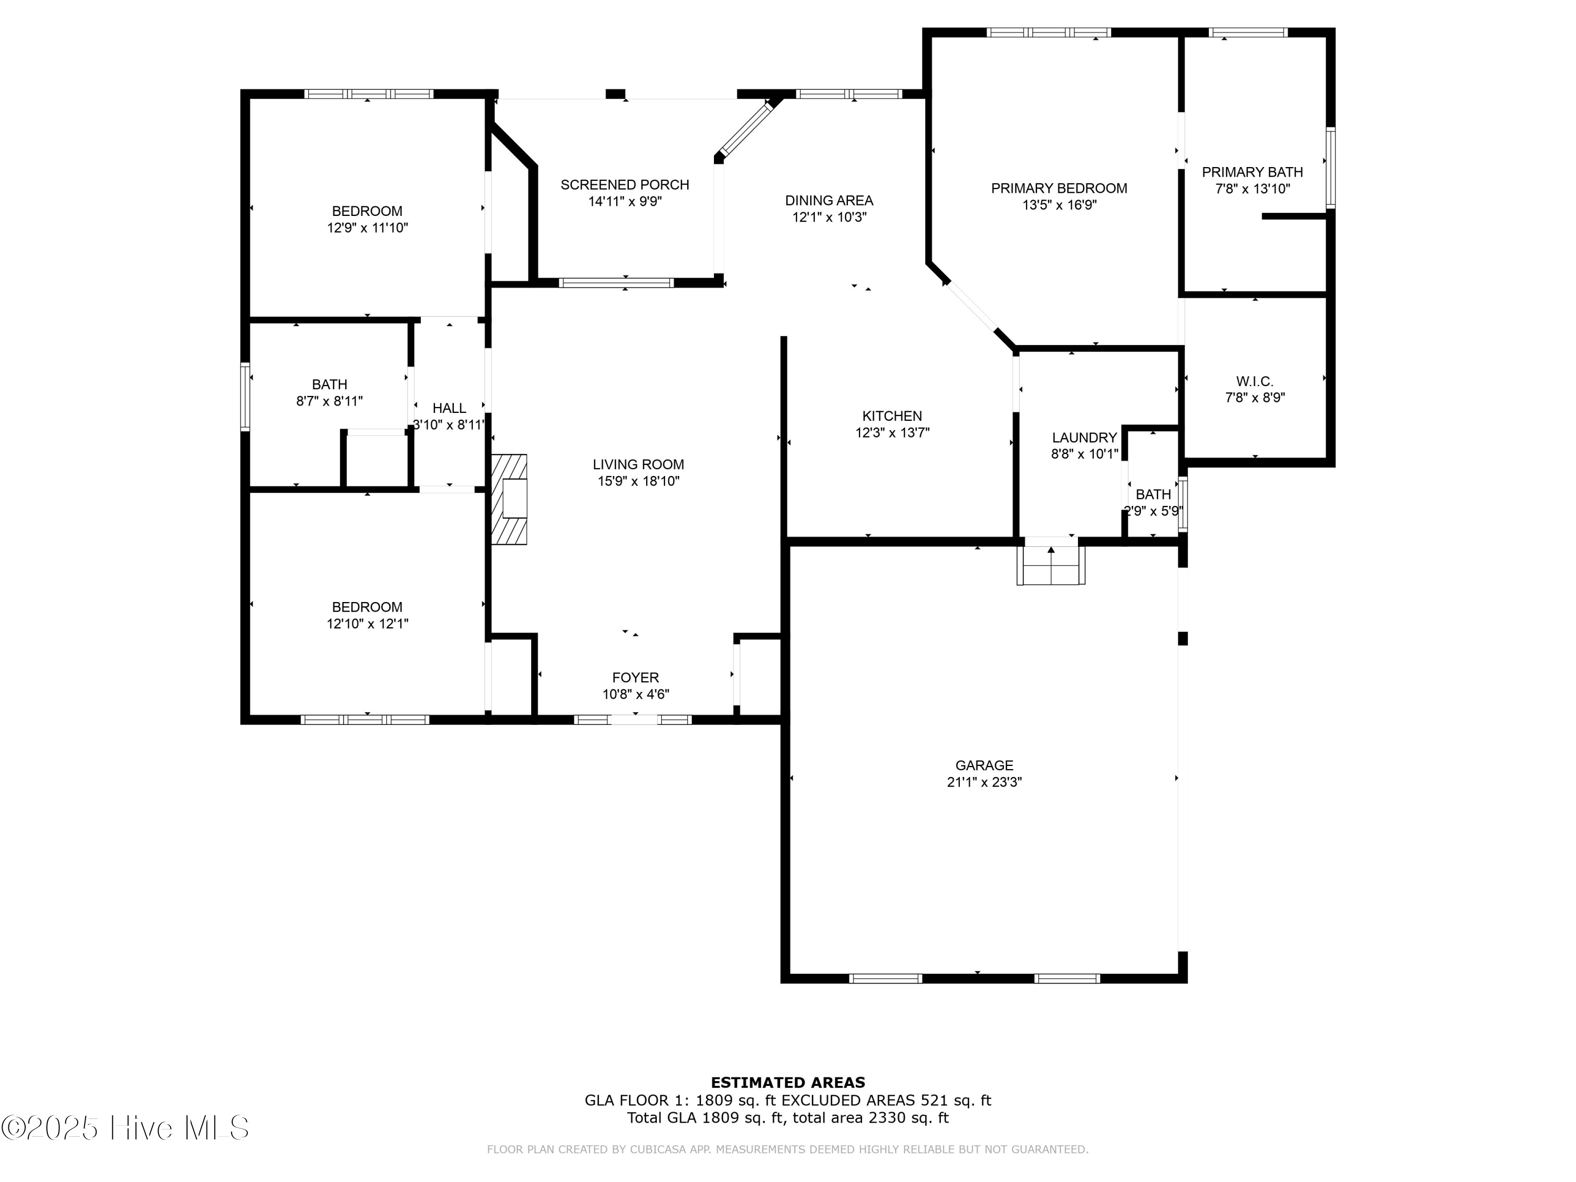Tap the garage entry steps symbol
[x=1051, y=565]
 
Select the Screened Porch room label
[x=625, y=184]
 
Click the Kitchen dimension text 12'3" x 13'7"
[x=892, y=432]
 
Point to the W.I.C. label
[x=1254, y=382]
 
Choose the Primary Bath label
[x=1252, y=172]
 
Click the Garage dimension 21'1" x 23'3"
[x=984, y=782]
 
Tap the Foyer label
[x=636, y=678]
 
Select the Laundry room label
[x=1084, y=438]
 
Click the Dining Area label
[x=828, y=200]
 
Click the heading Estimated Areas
[x=787, y=1083]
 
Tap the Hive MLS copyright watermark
[x=126, y=1128]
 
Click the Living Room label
[x=638, y=464]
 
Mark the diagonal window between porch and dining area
[x=745, y=128]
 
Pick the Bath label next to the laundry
[x=1153, y=494]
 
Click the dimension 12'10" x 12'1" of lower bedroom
[x=367, y=624]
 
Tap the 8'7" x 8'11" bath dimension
[x=329, y=401]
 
